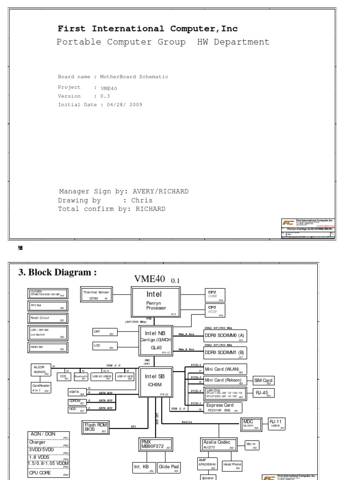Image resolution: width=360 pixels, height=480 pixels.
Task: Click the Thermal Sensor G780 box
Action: coord(96,294)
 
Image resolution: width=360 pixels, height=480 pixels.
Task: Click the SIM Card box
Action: coord(263,380)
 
